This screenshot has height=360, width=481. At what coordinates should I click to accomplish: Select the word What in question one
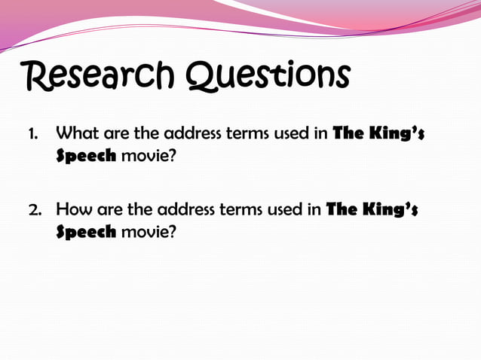coord(78,135)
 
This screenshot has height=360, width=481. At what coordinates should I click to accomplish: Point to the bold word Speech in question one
coord(86,157)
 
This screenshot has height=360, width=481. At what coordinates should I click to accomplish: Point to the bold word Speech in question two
coord(86,231)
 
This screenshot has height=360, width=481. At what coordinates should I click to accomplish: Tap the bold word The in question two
coord(340,209)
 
